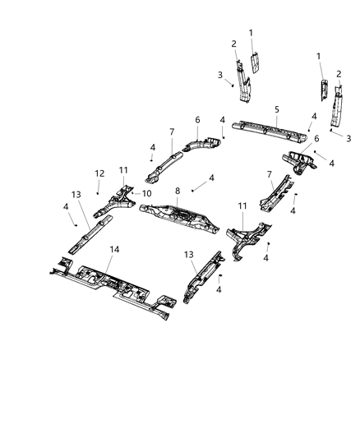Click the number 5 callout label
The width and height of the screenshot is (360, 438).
click(277, 108)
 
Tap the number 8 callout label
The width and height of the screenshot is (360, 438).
click(177, 191)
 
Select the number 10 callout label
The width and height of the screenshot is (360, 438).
click(148, 193)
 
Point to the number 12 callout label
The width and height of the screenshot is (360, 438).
click(99, 173)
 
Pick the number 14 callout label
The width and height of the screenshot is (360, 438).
click(114, 250)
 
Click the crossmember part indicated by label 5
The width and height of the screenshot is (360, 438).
click(271, 131)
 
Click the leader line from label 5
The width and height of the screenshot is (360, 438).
click(277, 119)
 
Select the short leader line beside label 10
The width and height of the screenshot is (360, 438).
click(138, 194)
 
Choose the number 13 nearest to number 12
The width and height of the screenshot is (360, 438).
click(76, 193)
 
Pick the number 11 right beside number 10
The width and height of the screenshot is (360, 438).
click(123, 170)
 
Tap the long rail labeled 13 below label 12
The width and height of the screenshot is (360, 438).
click(88, 234)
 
